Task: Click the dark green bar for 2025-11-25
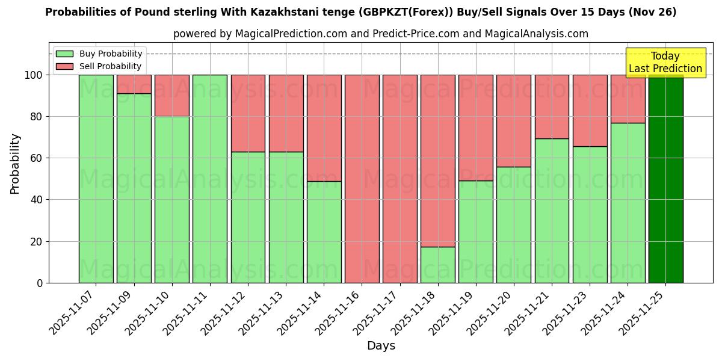[x=665, y=179]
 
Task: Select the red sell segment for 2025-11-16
[x=362, y=179]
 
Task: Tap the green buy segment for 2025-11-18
[x=438, y=265]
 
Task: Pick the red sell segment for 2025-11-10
[x=172, y=96]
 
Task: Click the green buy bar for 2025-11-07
[x=96, y=179]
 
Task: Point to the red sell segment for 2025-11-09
[x=134, y=84]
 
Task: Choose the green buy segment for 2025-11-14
[x=324, y=232]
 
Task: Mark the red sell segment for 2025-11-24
[x=628, y=99]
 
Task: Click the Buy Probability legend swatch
[x=64, y=54]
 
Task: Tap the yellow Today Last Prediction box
[x=665, y=63]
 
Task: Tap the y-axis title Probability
[x=15, y=164]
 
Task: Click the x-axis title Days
[x=381, y=346]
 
